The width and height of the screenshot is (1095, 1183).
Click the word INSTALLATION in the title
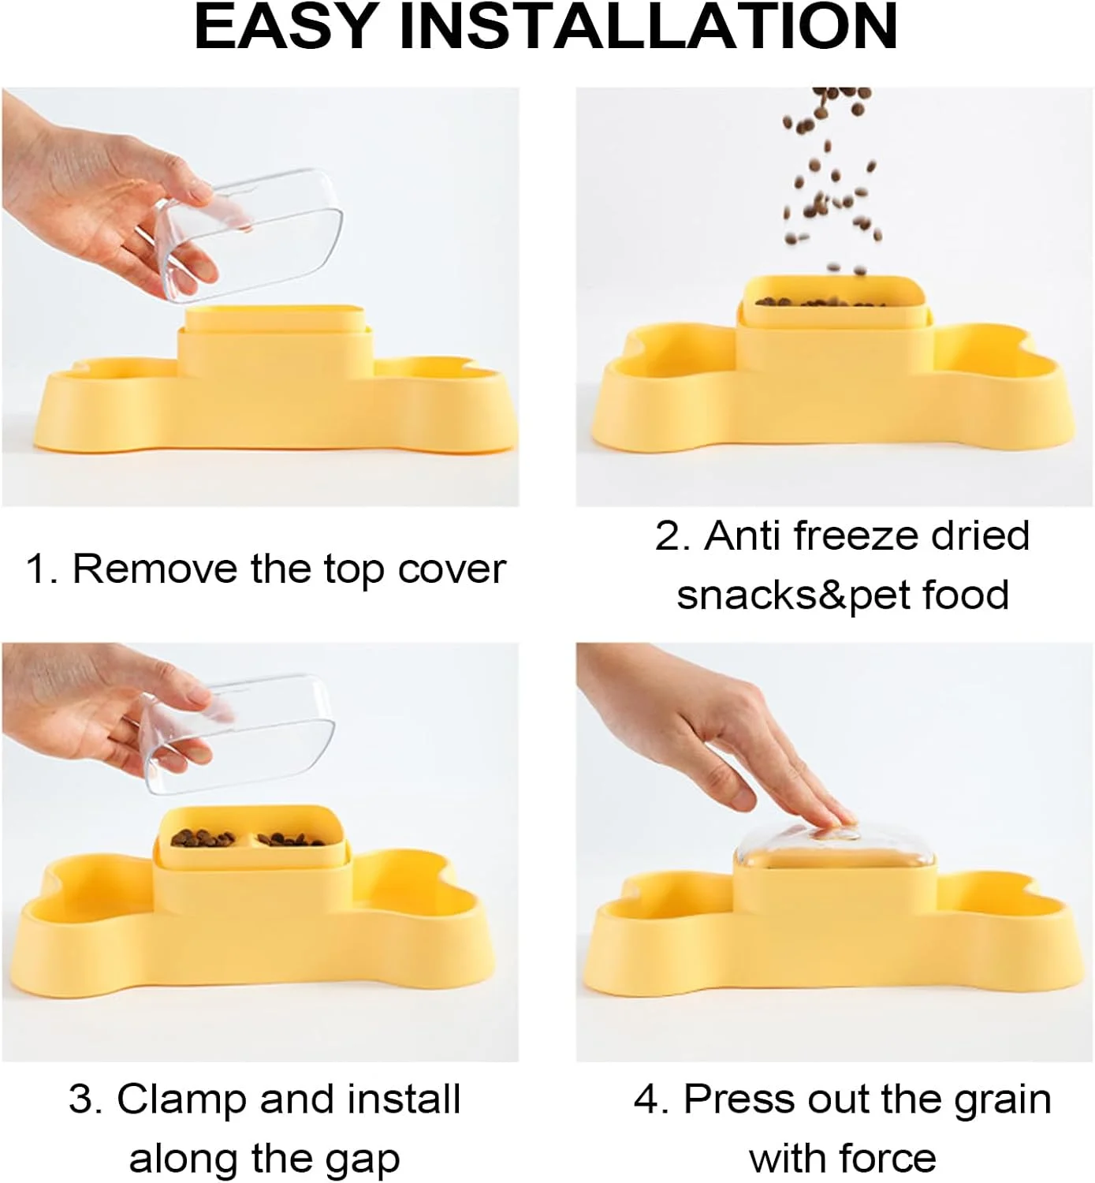(649, 27)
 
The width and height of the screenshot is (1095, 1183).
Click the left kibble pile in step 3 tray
(203, 838)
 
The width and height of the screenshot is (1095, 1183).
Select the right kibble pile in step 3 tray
(291, 840)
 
